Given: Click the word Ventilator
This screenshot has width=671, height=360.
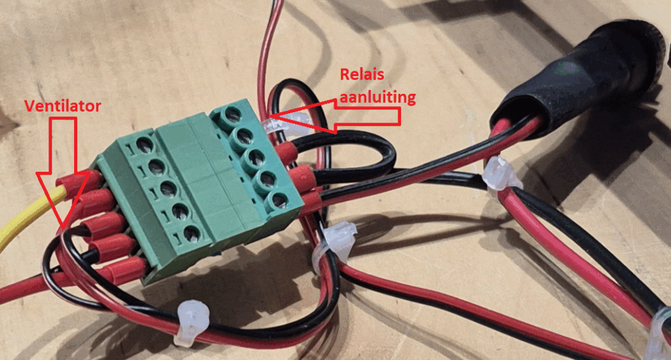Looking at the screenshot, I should coord(62,106).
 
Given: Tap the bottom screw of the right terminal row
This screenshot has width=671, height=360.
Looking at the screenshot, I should coord(278,199).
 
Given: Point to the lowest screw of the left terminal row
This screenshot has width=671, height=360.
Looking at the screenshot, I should coord(191,231).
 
